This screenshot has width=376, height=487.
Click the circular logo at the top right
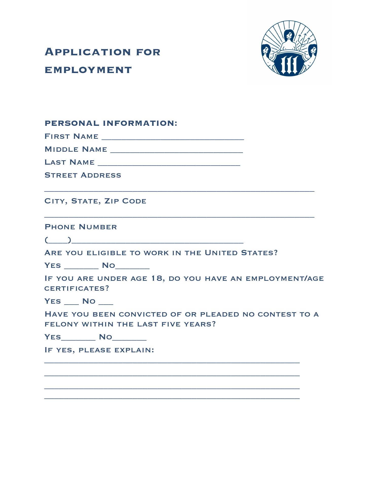click(289, 48)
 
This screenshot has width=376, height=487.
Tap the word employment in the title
click(88, 70)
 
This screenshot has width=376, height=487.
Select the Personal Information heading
click(111, 123)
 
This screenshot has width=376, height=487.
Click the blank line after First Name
click(173, 137)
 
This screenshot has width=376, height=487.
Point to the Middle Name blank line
click(177, 150)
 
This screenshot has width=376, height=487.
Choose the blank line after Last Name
click(169, 163)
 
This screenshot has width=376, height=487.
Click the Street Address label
click(83, 175)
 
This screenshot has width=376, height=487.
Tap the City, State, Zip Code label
click(95, 201)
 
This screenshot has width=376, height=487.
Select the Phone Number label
click(81, 227)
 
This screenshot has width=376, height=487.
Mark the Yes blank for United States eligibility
click(81, 266)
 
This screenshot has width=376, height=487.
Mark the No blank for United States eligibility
click(132, 266)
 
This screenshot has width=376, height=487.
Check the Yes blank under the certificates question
click(72, 302)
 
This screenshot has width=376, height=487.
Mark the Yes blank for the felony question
click(78, 338)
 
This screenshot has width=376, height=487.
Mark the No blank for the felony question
click(129, 338)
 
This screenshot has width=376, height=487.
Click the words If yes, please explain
click(99, 350)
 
